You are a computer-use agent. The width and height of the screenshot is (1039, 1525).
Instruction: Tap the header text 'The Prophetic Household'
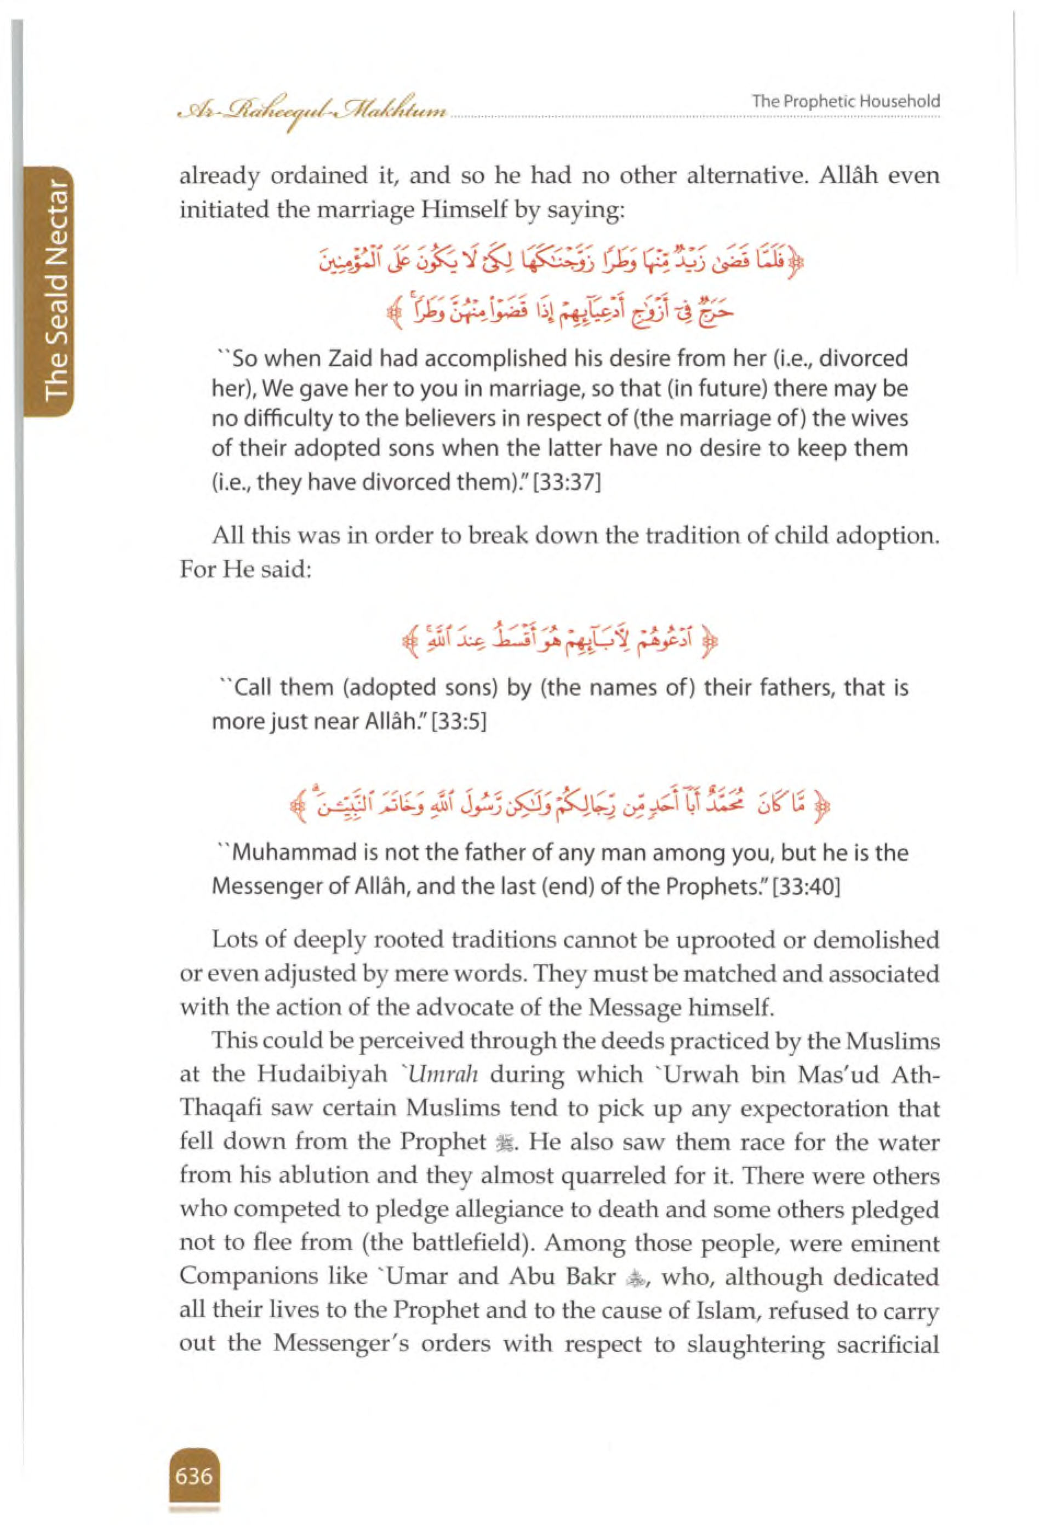[846, 101]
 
